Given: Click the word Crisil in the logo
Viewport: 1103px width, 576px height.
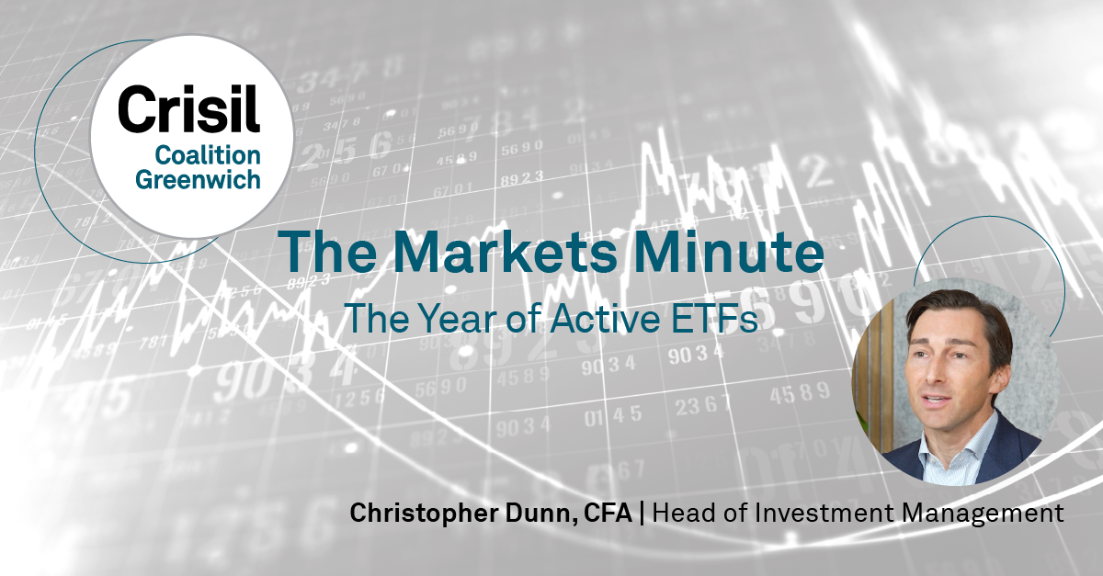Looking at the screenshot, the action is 188,108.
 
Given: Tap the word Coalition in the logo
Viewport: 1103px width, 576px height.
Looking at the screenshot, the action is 208,155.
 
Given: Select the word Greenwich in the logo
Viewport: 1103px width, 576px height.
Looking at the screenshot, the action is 198,179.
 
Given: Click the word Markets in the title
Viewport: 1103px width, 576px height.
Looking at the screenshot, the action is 505,252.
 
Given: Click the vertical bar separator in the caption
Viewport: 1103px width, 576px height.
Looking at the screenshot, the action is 642,514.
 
